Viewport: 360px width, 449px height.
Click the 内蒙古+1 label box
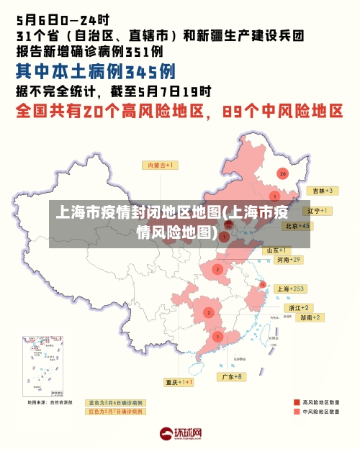[161, 165]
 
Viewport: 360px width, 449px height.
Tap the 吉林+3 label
[320, 191]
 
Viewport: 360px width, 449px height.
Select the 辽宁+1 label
[317, 211]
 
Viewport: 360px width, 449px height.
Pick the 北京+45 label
[297, 225]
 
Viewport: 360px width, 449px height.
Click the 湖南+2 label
[311, 317]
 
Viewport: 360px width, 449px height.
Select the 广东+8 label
[231, 376]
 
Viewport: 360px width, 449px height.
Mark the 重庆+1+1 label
[179, 382]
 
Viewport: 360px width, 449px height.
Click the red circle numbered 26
[283, 173]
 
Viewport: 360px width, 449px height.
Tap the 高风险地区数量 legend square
[296, 402]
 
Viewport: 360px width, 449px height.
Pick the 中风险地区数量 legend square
[296, 412]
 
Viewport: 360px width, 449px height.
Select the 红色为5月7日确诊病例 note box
[115, 412]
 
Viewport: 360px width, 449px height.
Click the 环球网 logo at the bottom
[179, 434]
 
